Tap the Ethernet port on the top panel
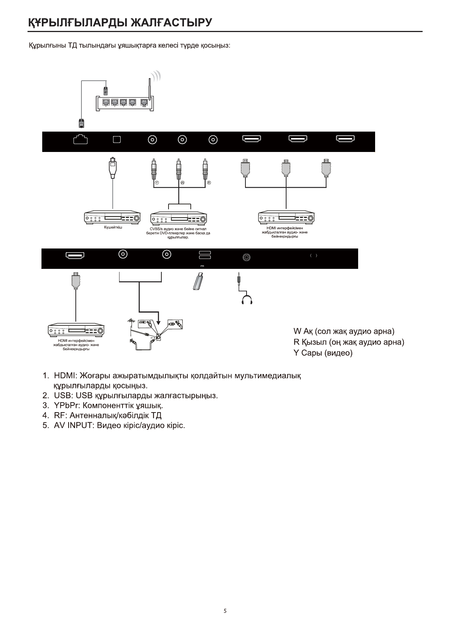[x=80, y=140]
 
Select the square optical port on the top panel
[x=117, y=140]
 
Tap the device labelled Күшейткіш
[x=112, y=218]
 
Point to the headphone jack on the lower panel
[x=247, y=258]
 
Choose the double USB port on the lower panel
[x=204, y=255]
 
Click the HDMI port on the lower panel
[x=75, y=256]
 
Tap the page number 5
[x=225, y=611]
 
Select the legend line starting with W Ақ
[x=343, y=331]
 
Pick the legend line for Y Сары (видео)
[x=323, y=354]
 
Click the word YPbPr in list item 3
[x=66, y=406]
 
